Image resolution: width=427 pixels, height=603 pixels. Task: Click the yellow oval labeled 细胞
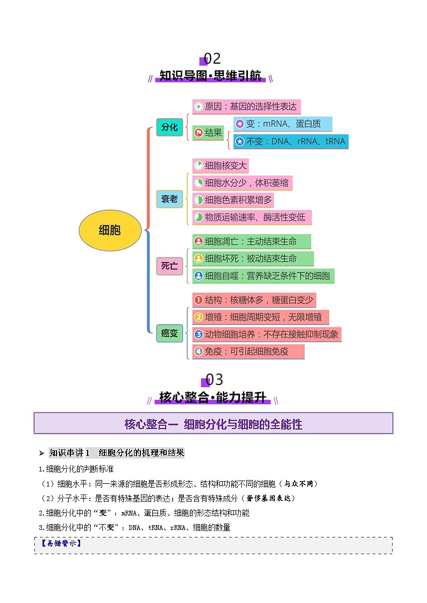pyautogui.click(x=110, y=230)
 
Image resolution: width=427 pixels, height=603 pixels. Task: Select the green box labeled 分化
pyautogui.click(x=169, y=127)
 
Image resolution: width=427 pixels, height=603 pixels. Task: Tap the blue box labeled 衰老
pyautogui.click(x=169, y=199)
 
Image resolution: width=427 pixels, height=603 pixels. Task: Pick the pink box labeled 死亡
pyautogui.click(x=169, y=265)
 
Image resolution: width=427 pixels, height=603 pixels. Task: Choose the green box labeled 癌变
pyautogui.click(x=169, y=333)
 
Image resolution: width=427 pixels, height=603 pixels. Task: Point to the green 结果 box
pyautogui.click(x=208, y=133)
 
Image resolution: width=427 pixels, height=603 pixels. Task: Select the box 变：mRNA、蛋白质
pyautogui.click(x=282, y=124)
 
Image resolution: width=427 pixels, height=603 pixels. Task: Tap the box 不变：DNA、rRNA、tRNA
pyautogui.click(x=290, y=142)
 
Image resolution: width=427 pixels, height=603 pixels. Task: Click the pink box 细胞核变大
pyautogui.click(x=220, y=165)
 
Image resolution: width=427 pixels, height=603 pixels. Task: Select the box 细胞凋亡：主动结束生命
pyautogui.click(x=251, y=241)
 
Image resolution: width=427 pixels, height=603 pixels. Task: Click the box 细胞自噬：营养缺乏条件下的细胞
pyautogui.click(x=263, y=276)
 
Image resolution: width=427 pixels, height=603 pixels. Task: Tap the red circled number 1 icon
pyautogui.click(x=198, y=300)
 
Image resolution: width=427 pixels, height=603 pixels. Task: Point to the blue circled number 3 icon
pyautogui.click(x=198, y=335)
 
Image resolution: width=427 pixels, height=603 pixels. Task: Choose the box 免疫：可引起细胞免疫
pyautogui.click(x=248, y=352)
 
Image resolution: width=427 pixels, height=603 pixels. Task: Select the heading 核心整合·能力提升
pyautogui.click(x=212, y=398)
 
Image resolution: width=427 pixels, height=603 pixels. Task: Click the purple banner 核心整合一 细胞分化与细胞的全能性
pyautogui.click(x=213, y=424)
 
